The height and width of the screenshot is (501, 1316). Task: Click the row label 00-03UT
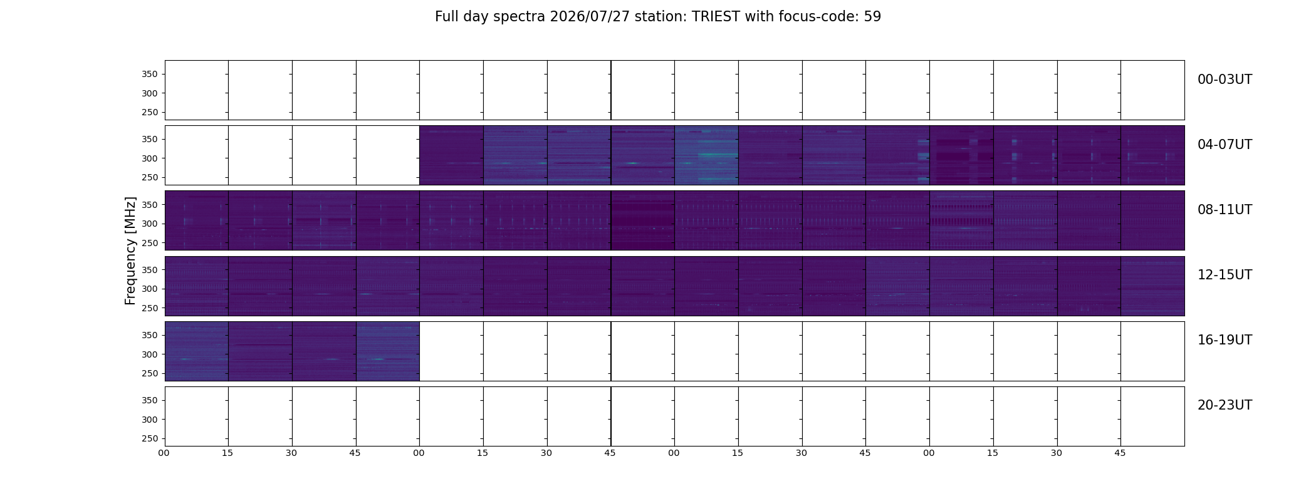point(1225,80)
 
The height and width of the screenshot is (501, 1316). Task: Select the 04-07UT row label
point(1225,145)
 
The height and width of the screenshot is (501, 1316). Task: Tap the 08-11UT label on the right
point(1225,210)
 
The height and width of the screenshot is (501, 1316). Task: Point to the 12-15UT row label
point(1225,275)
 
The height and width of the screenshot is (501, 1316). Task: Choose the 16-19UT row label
point(1225,340)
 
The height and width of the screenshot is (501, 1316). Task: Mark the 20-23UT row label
point(1225,405)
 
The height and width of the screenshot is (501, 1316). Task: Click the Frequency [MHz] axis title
point(130,250)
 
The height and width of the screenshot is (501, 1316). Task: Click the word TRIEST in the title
point(716,17)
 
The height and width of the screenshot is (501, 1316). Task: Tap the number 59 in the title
point(872,17)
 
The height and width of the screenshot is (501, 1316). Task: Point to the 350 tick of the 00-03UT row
point(150,74)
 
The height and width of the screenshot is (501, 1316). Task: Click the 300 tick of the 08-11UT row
point(150,224)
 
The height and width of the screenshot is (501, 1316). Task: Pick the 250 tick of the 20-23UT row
point(150,438)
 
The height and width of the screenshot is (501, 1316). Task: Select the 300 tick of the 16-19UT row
point(150,354)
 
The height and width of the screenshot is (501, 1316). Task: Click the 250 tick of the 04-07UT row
point(150,177)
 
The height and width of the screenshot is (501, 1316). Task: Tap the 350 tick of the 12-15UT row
point(150,270)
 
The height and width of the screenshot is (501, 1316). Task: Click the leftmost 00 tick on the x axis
point(164,453)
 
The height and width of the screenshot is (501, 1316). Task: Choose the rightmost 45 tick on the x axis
point(1120,453)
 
